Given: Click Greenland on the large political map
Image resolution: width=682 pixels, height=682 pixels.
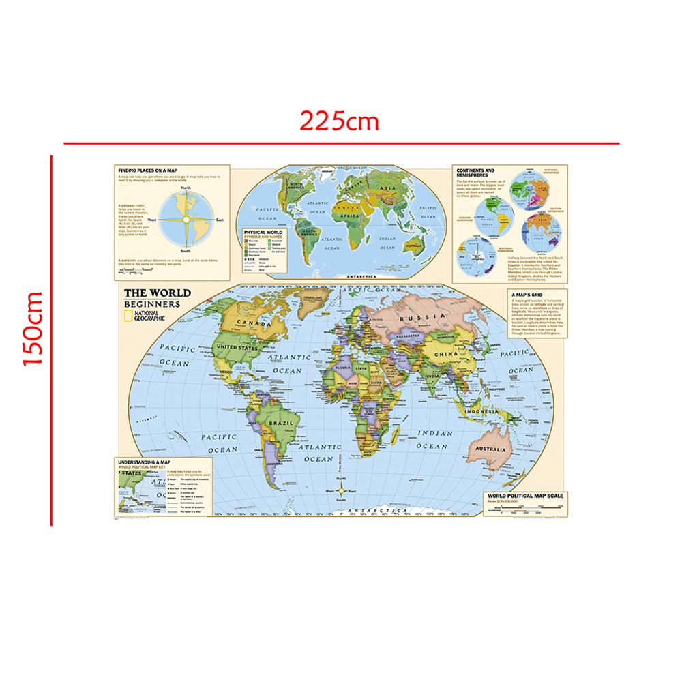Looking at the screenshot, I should click(x=313, y=299).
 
